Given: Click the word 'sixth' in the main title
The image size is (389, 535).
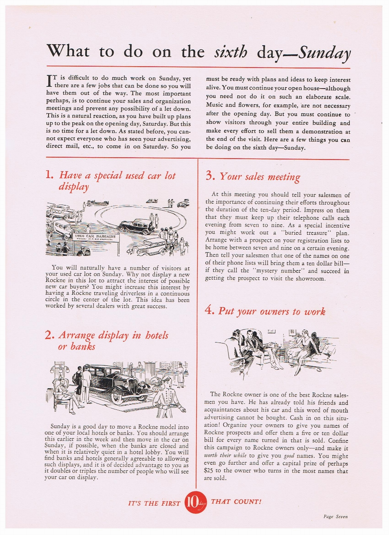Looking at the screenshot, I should click(230, 52).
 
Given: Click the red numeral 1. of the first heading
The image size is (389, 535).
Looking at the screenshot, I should click(49, 175).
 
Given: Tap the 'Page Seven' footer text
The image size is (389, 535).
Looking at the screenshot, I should click(335, 517).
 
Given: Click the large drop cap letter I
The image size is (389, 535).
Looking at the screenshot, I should click(50, 80).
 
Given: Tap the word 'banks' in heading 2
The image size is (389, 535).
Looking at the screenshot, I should click(83, 346).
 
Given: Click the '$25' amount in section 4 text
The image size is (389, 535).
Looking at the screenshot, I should click(209, 470).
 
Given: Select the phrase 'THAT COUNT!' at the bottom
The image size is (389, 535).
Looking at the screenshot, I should click(236, 502).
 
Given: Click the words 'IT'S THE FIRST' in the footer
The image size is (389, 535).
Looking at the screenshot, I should click(154, 503).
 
